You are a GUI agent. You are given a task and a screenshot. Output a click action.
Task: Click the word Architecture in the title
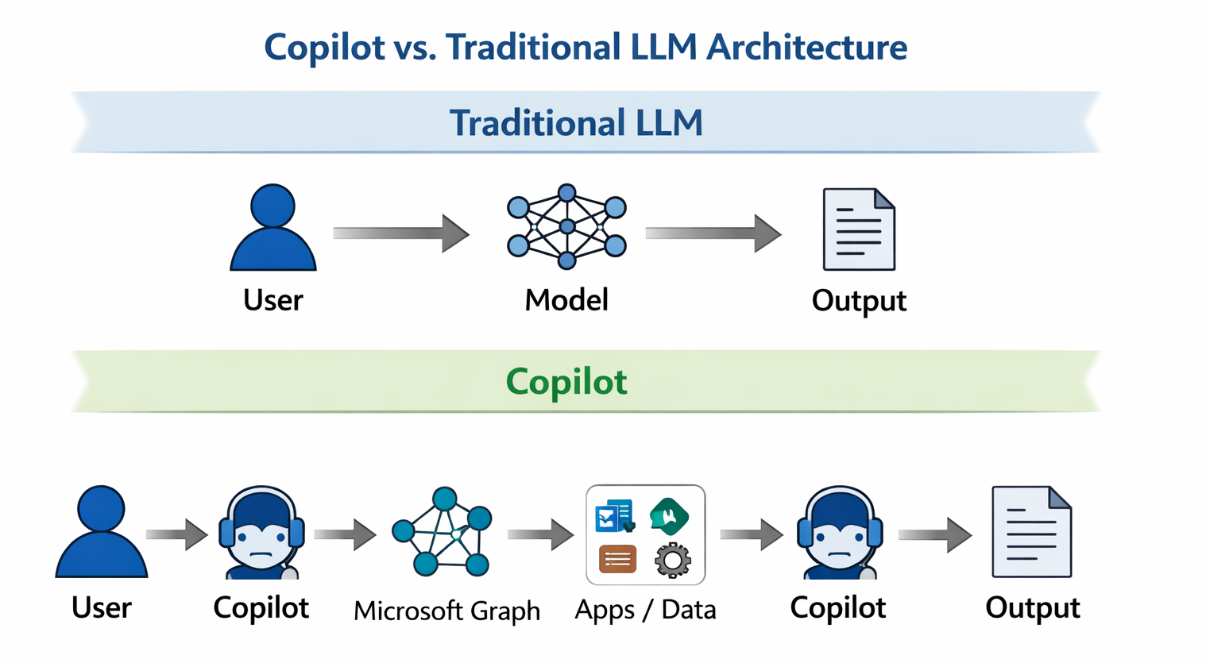(x=806, y=47)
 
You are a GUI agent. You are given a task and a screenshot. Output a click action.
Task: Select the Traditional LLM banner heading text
(x=576, y=123)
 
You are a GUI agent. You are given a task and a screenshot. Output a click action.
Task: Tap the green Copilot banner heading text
(x=566, y=382)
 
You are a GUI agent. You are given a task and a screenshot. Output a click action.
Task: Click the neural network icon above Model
(x=566, y=227)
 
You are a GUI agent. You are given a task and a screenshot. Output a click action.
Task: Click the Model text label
(x=566, y=300)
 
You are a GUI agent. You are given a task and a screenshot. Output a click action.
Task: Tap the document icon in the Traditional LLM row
(x=859, y=229)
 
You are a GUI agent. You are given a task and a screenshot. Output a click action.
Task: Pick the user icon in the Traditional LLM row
(x=273, y=229)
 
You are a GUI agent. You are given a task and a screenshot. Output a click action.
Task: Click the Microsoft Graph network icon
(x=443, y=532)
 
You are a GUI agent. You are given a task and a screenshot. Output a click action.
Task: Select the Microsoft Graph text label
(x=446, y=611)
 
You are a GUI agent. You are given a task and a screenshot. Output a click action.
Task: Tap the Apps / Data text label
(x=645, y=610)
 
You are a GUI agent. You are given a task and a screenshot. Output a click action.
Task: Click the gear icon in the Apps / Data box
(x=672, y=560)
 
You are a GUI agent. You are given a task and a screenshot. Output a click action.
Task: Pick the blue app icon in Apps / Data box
(x=614, y=516)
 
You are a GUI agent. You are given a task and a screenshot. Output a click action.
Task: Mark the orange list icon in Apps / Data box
(x=617, y=559)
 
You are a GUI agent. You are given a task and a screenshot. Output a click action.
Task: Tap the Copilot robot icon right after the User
(x=261, y=532)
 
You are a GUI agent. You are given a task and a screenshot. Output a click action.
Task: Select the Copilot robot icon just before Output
(x=839, y=532)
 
